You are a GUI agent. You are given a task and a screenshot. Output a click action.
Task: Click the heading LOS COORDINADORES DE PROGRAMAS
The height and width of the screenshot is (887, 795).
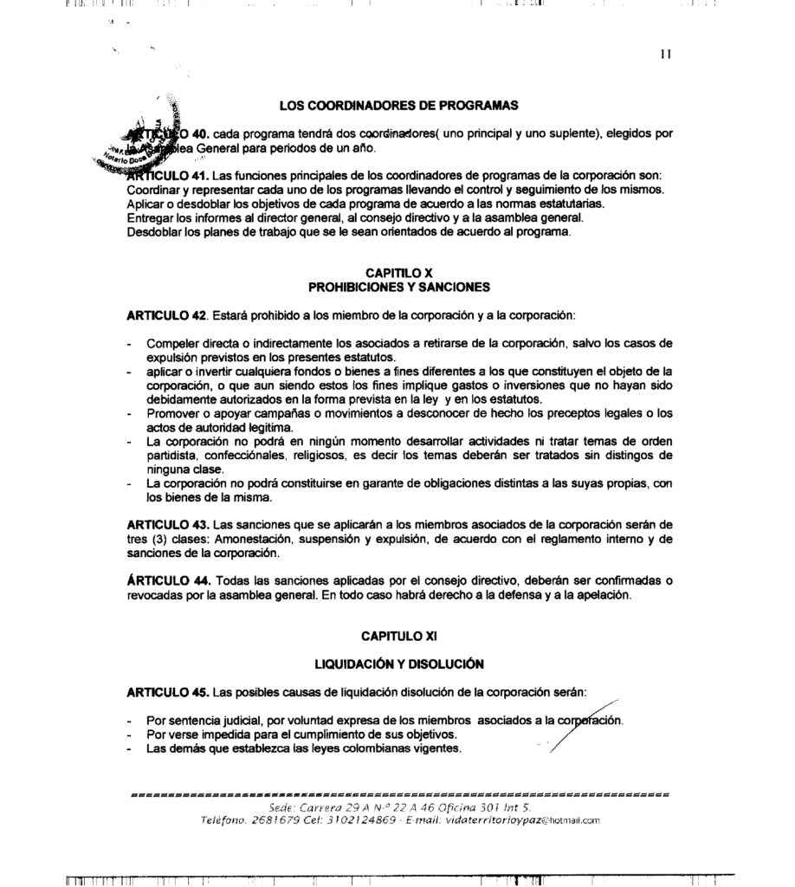(x=398, y=106)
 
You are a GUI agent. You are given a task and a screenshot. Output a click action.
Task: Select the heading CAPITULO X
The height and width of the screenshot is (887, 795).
(x=398, y=273)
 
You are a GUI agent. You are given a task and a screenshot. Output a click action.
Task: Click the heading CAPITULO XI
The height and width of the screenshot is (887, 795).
(x=398, y=635)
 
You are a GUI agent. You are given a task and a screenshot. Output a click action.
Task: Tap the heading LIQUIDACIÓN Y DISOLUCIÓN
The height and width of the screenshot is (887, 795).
(x=398, y=664)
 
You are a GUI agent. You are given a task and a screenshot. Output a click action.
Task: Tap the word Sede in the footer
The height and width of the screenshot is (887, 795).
(x=282, y=806)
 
